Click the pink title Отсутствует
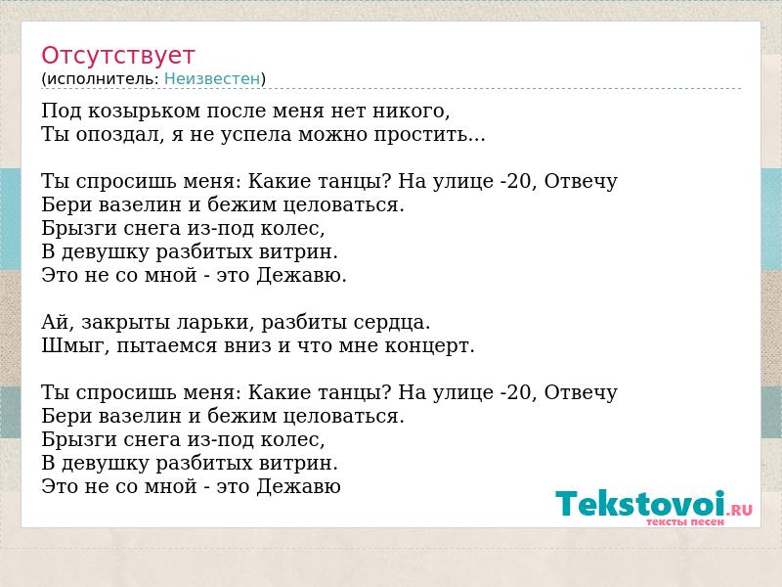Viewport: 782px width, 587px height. coord(117,56)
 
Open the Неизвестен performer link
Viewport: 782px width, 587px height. coord(212,79)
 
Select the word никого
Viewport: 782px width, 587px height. coord(411,112)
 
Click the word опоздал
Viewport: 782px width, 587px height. coord(119,135)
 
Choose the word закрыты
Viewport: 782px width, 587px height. coord(126,324)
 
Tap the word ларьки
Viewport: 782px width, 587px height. coord(215,323)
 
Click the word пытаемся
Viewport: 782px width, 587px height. coord(166,347)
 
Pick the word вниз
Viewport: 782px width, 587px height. coord(247,346)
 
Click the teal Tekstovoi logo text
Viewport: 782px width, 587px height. coord(640,503)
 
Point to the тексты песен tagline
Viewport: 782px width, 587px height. coord(685,522)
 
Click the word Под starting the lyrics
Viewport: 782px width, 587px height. coord(61,111)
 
